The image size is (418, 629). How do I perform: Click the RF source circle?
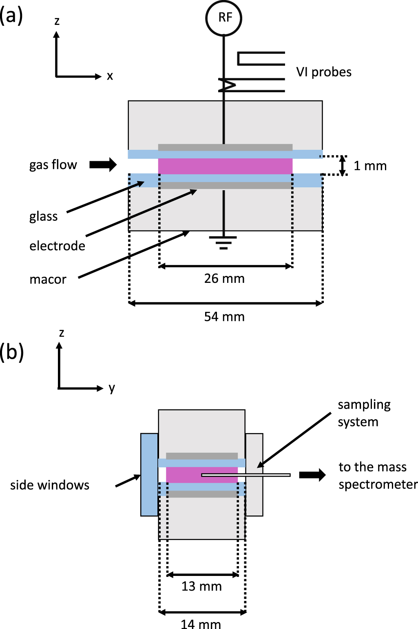tap(223, 18)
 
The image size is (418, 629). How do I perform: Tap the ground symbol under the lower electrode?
tap(223, 242)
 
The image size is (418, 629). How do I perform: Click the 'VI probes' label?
tap(324, 72)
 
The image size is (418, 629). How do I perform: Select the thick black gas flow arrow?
tap(103, 164)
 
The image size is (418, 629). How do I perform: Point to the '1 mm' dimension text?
tap(370, 166)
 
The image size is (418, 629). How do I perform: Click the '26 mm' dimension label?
tap(224, 279)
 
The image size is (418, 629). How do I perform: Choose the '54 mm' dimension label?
tap(224, 317)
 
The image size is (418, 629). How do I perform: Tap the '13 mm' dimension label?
tap(201, 587)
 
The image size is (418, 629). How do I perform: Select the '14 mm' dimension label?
tap(201, 624)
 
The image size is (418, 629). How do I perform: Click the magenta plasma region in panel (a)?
tap(225, 166)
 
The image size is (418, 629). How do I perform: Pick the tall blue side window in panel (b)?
tap(149, 475)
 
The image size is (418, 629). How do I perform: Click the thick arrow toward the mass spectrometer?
tap(312, 475)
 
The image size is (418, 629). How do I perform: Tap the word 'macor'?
tap(48, 280)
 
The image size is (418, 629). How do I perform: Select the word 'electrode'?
tap(57, 246)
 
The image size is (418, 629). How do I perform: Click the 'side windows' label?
tap(50, 485)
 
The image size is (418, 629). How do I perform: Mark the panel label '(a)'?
tap(11, 16)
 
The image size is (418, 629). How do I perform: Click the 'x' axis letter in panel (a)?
tap(110, 76)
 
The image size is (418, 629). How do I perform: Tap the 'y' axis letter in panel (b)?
tap(112, 388)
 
